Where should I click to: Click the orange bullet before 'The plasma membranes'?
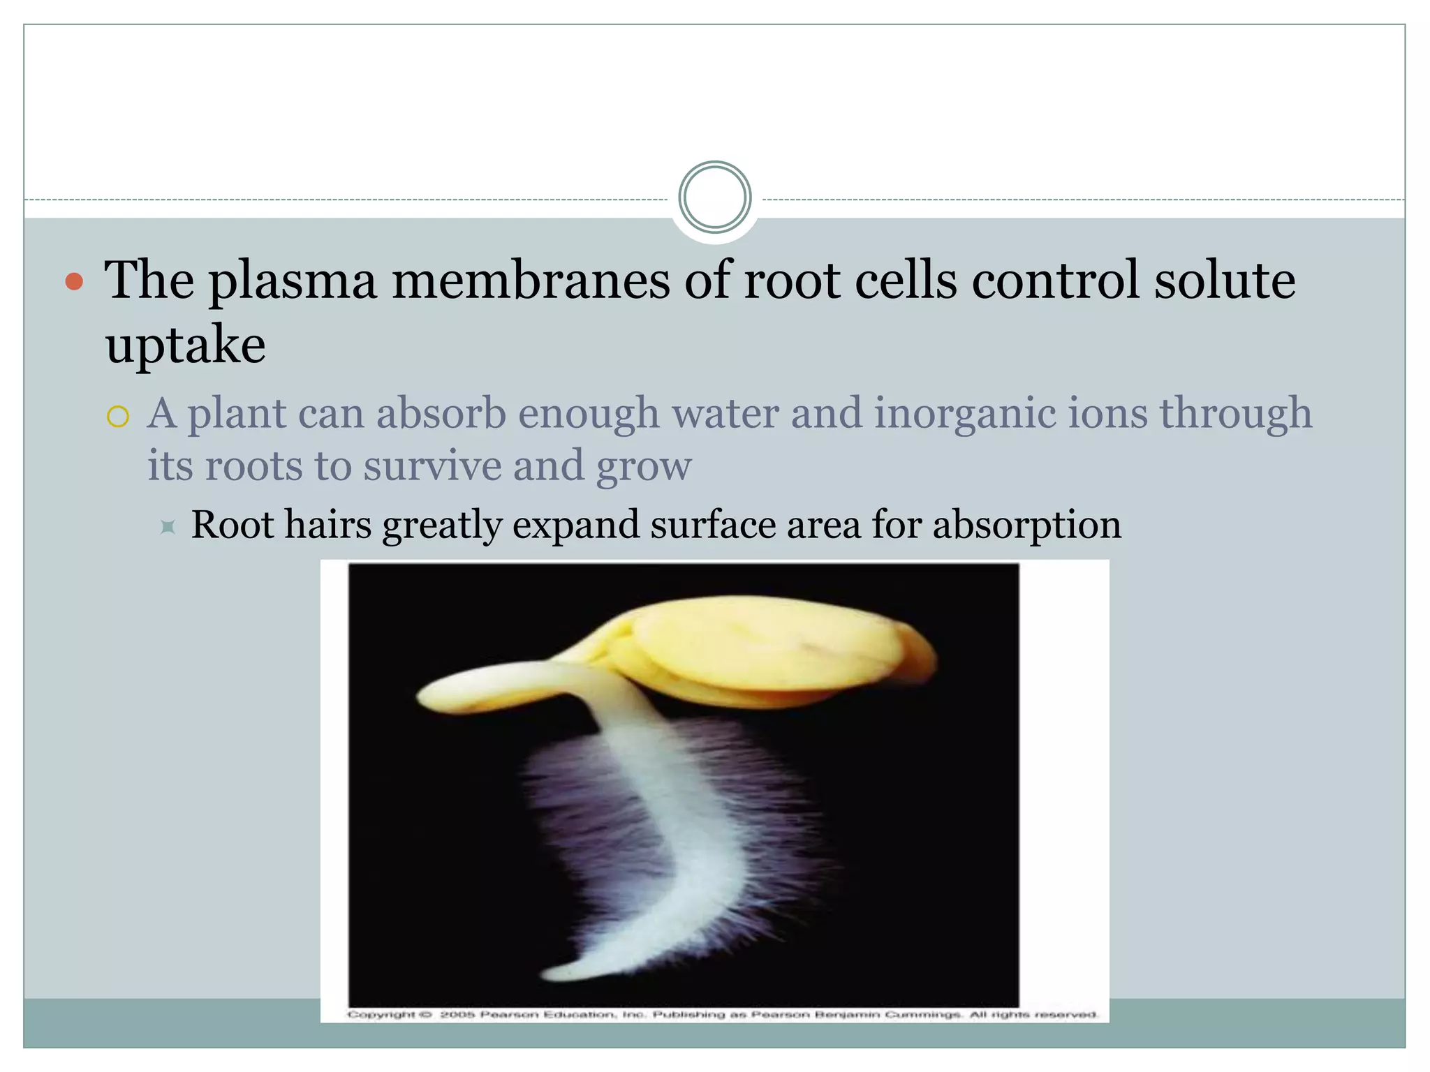click(x=74, y=282)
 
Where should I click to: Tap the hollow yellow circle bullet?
click(x=118, y=417)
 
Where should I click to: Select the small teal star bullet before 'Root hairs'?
click(x=168, y=526)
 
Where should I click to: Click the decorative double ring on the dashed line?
click(x=714, y=198)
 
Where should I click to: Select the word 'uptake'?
click(x=185, y=345)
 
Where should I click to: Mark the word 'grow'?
click(x=644, y=467)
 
